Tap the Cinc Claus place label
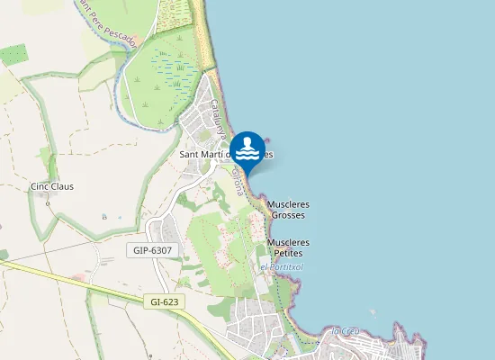coord(52,187)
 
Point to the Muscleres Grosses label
coord(289,210)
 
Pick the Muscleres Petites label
coord(289,247)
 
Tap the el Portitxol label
coord(282,267)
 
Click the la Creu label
coord(346,331)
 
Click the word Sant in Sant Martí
coord(193,155)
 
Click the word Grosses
coord(289,216)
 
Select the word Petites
coord(289,254)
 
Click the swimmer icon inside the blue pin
coord(247,145)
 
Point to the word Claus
coord(62,187)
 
